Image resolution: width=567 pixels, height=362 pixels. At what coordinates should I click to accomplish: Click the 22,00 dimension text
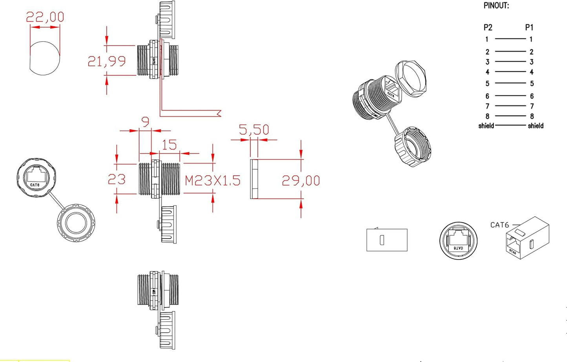tap(45, 17)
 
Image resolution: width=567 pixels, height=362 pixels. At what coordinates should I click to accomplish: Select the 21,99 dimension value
tap(106, 61)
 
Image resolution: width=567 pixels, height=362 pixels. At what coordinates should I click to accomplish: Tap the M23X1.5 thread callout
tap(212, 181)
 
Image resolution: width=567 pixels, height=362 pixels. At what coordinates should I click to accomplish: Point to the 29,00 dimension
tap(301, 181)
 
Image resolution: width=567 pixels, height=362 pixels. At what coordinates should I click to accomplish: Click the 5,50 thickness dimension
tap(254, 130)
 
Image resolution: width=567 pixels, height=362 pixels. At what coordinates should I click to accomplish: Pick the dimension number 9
tap(145, 122)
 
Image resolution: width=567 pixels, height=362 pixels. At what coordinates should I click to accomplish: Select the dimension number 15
tap(169, 145)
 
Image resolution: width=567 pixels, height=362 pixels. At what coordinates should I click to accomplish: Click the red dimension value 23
tap(117, 179)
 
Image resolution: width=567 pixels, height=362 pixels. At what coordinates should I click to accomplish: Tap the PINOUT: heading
tap(496, 6)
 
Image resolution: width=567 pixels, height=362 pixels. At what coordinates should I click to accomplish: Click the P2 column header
tap(488, 27)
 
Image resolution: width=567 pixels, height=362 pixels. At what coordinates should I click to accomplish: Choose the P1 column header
tap(529, 27)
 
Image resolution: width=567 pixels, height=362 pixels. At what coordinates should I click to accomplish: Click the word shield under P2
tap(486, 126)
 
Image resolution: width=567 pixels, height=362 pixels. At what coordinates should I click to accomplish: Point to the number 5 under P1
tap(532, 84)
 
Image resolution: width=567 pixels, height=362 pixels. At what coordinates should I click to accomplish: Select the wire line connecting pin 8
tap(510, 116)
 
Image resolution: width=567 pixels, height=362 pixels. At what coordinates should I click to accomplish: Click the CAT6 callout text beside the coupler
tap(500, 225)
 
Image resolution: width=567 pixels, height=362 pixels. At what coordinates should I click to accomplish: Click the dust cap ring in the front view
tap(76, 223)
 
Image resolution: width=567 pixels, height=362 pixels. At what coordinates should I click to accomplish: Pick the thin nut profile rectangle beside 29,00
tap(254, 179)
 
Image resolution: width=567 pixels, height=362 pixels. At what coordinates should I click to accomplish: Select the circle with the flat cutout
tap(45, 58)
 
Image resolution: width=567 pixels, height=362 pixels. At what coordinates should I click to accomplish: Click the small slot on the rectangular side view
tap(382, 240)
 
